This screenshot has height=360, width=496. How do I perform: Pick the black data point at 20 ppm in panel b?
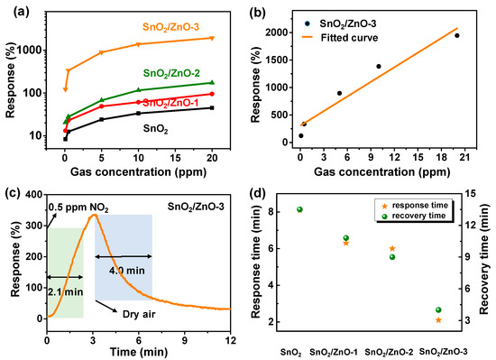click(456, 35)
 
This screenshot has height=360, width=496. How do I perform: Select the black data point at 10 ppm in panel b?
click(378, 67)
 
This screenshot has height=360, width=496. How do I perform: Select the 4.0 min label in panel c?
click(126, 268)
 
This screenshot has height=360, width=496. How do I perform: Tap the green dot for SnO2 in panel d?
click(299, 209)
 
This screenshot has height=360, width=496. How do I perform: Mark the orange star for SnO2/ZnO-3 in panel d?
click(438, 320)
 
